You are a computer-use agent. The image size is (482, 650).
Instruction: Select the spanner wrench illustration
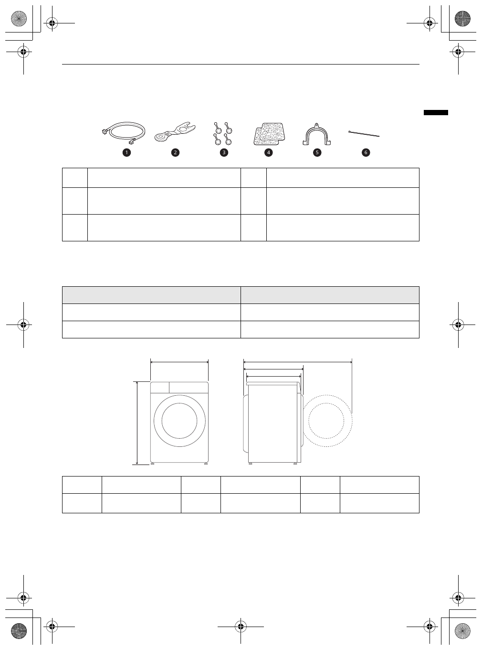pyautogui.click(x=175, y=132)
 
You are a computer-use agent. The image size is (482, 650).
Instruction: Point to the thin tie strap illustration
pyautogui.click(x=364, y=134)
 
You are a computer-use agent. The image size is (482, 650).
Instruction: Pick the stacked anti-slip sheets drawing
pyautogui.click(x=269, y=134)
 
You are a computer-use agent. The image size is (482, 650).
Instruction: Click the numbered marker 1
pyautogui.click(x=126, y=152)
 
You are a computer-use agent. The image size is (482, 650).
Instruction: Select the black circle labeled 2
pyautogui.click(x=175, y=152)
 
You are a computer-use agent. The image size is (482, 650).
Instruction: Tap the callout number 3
pyautogui.click(x=224, y=152)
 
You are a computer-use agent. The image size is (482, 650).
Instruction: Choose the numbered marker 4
pyautogui.click(x=268, y=152)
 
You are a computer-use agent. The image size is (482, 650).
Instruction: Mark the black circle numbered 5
pyautogui.click(x=317, y=152)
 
